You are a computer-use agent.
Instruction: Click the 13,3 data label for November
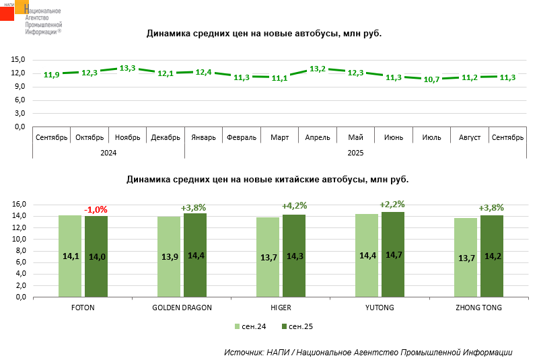point(127,68)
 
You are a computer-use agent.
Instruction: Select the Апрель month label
point(318,137)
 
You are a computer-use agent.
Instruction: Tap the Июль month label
point(431,137)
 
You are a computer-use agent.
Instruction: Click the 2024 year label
point(108,153)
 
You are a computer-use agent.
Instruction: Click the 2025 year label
point(355,153)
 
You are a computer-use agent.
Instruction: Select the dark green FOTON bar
point(96,256)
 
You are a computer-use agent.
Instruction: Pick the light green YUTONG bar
point(367,255)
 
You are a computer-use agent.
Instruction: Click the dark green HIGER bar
point(294,256)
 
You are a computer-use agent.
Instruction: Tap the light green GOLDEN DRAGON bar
point(169,257)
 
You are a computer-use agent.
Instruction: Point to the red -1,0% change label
point(96,209)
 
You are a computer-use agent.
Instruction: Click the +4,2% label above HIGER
point(294,206)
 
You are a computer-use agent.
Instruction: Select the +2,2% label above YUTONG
point(392,204)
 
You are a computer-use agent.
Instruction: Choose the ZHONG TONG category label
point(478,307)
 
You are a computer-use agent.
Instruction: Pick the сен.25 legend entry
point(297,326)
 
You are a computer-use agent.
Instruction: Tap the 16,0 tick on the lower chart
point(20,204)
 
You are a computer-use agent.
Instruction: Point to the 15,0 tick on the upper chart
point(18,59)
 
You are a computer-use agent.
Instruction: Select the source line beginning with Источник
point(368,352)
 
